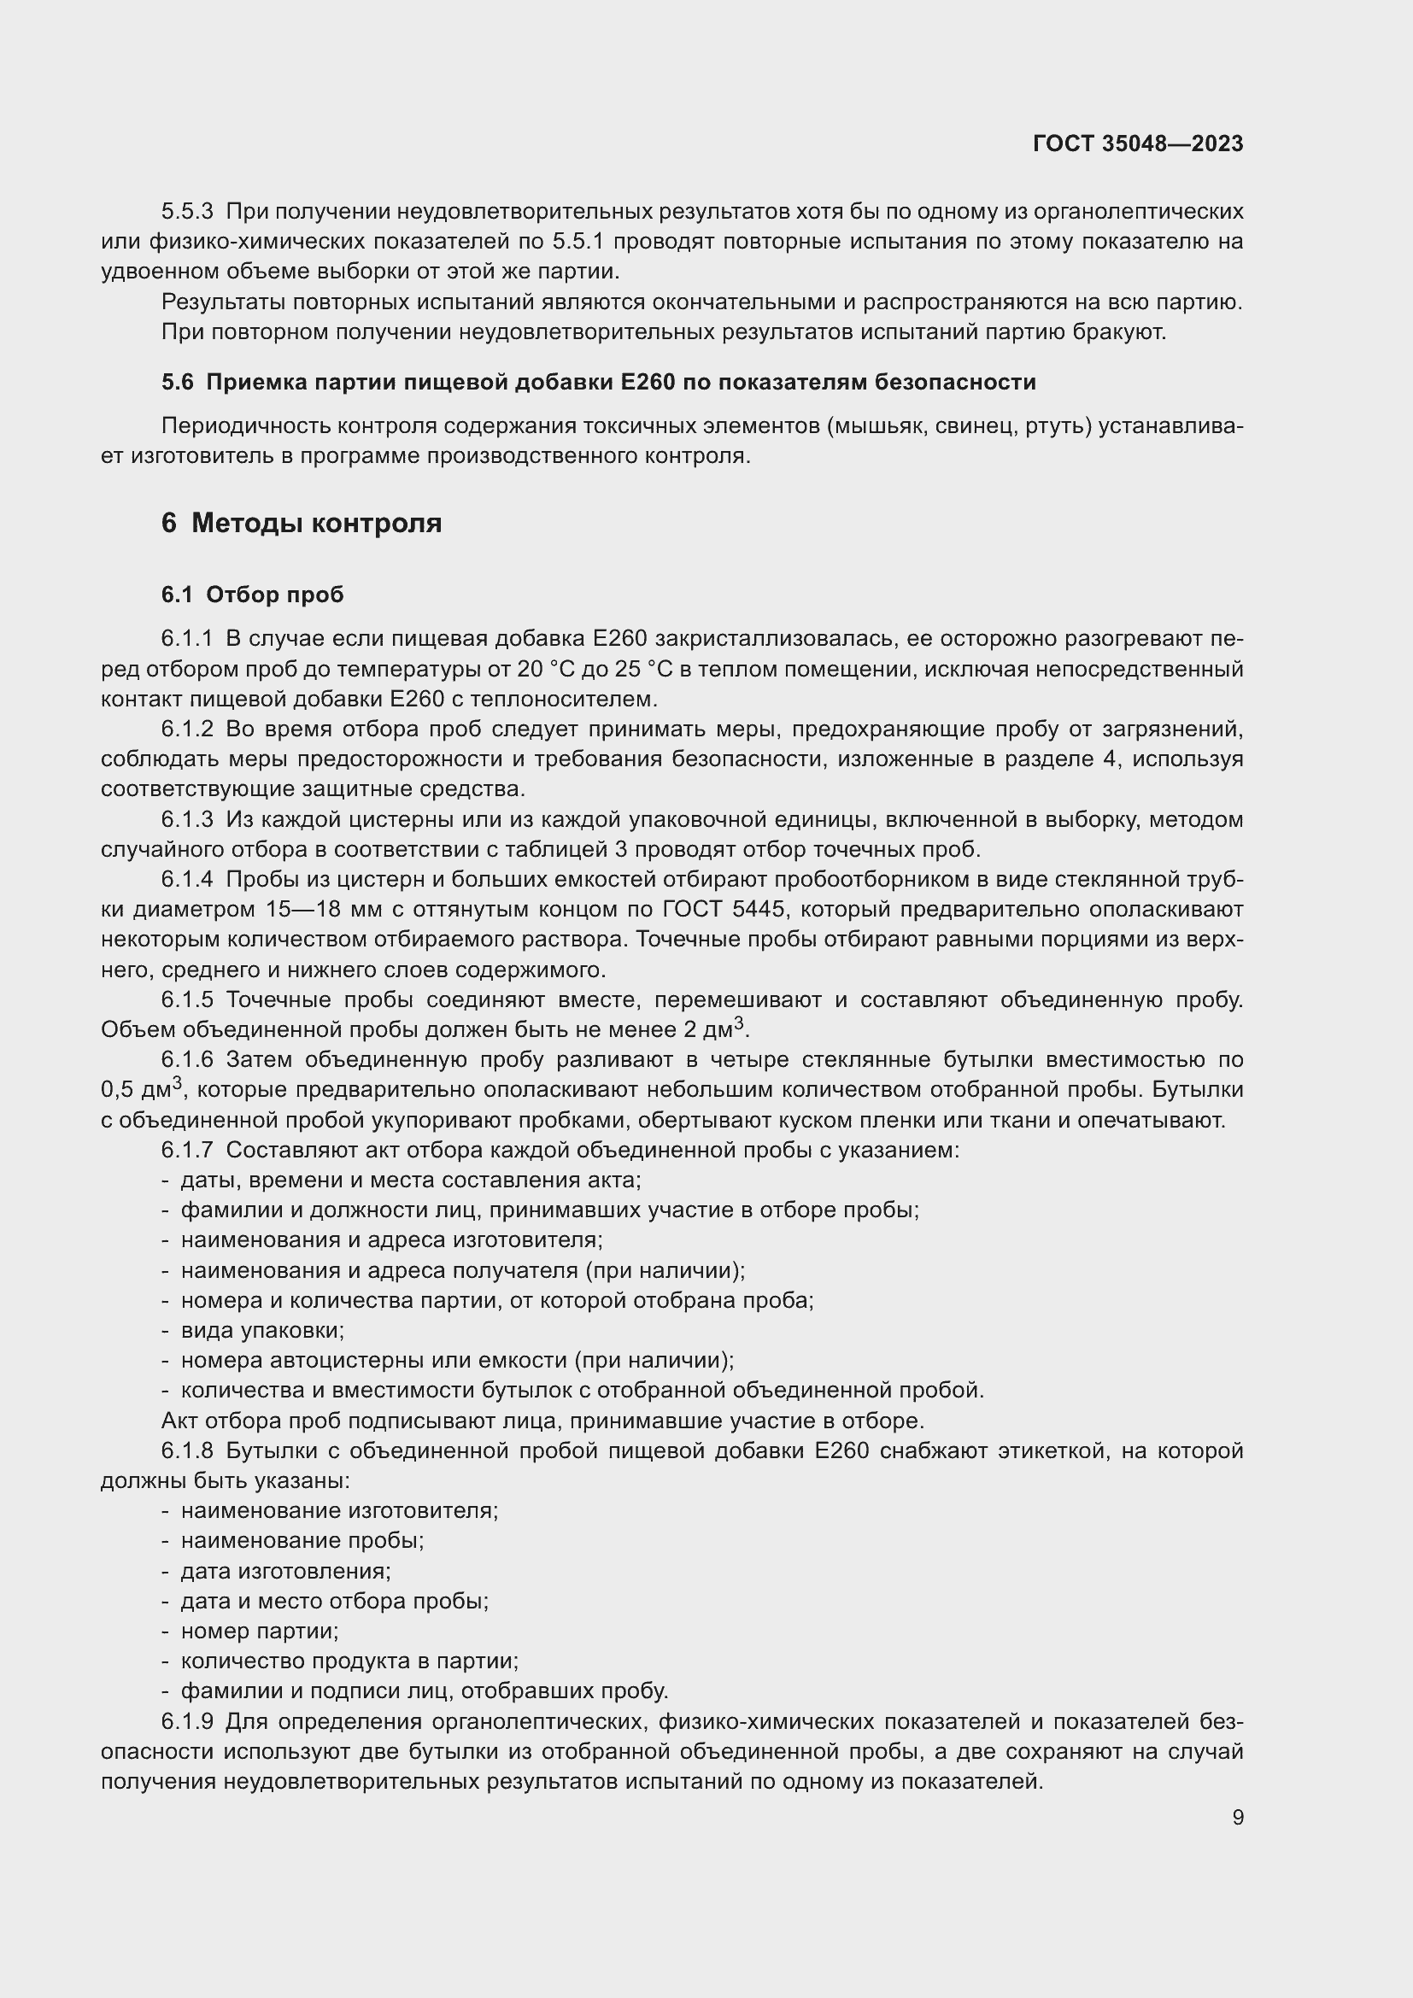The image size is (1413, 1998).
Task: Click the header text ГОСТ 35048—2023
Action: tap(1138, 144)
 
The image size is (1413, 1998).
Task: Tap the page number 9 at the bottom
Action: tap(1237, 1817)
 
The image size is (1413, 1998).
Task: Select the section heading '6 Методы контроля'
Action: tap(301, 523)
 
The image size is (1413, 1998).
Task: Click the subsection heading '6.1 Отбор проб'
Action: tap(252, 595)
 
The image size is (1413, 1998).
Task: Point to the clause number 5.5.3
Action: tap(187, 212)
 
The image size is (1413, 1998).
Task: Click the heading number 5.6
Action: tap(178, 382)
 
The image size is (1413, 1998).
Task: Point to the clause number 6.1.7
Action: tap(187, 1150)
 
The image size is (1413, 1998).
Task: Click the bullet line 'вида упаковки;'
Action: tap(262, 1330)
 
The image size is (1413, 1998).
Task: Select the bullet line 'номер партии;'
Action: tap(260, 1631)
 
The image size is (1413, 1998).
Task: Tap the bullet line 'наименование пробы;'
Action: tap(302, 1540)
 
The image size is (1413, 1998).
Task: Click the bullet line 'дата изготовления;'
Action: tap(285, 1571)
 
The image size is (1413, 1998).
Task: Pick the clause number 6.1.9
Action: tap(187, 1721)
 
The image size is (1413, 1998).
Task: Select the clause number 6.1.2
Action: tap(187, 729)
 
